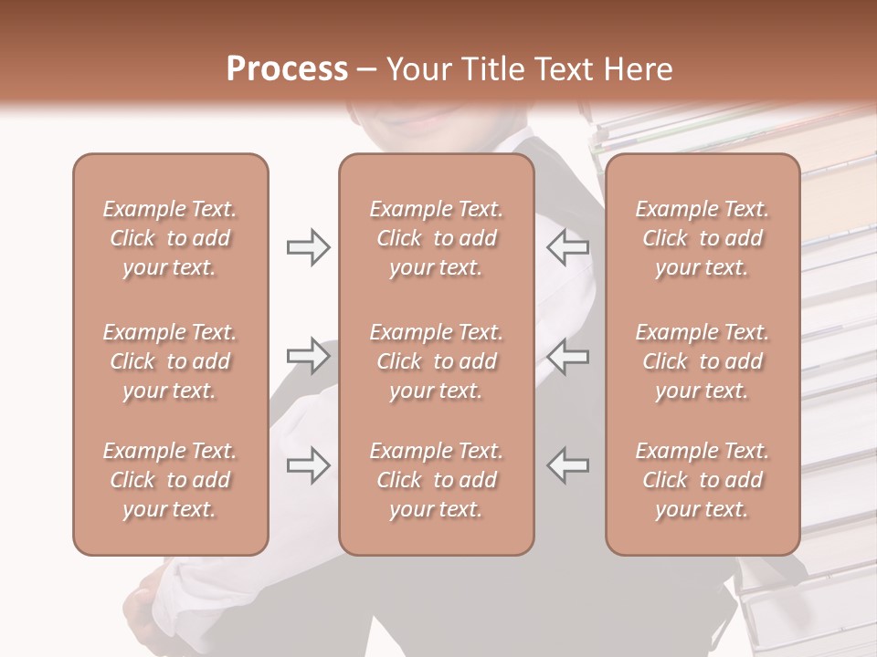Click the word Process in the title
coord(287,69)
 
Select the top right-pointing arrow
coord(308,247)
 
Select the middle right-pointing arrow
coord(308,356)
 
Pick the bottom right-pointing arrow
coord(308,465)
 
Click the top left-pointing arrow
coord(568,247)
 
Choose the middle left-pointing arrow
coord(568,356)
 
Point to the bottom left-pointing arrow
coord(568,465)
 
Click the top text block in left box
coord(170,238)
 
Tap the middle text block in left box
coord(170,361)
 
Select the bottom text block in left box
coord(170,480)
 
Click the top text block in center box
coord(436,238)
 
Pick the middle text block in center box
coord(436,361)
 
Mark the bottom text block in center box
coord(436,480)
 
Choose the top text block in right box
coord(703,238)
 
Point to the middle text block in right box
coord(703,361)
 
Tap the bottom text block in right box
coord(703,480)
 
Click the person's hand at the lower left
coord(146,611)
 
